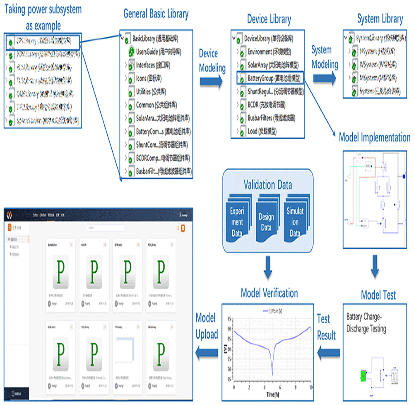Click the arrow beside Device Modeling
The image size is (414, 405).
click(212, 82)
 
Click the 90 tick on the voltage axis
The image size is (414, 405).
click(229, 329)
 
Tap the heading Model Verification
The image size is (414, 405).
click(269, 293)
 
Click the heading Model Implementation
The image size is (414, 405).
click(374, 137)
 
